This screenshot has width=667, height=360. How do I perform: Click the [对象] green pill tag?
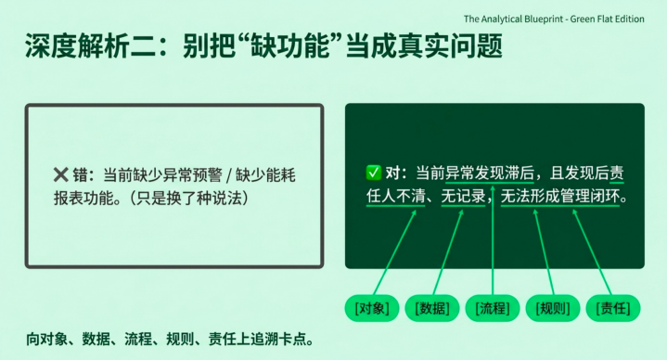pos(372,308)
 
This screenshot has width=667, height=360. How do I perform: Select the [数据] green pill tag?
pos(432,308)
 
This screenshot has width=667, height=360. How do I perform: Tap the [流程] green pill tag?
pos(493,308)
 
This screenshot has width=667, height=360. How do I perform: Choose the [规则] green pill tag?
pos(553,308)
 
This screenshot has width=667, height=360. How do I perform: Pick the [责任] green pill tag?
pos(613,308)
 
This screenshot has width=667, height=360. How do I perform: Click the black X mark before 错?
pos(61,174)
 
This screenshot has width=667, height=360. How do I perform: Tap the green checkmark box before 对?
pos(374,173)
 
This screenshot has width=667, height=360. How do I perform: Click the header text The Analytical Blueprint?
pos(514,19)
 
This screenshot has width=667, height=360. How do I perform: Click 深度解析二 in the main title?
pos(89,46)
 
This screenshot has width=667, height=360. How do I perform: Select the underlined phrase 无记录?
pos(463,196)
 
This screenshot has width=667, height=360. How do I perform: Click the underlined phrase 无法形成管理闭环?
pos(559,196)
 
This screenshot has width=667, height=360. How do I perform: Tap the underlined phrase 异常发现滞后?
pos(490,174)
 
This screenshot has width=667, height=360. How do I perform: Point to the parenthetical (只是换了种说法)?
pos(188,198)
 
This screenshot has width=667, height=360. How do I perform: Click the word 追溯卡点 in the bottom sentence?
pos(278,340)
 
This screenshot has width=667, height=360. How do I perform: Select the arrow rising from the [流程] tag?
pos(493,241)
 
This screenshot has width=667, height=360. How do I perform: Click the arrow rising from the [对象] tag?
pos(395,252)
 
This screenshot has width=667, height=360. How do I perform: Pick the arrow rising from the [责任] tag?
pos(592,252)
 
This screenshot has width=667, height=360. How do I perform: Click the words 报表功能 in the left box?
pos(78,198)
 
